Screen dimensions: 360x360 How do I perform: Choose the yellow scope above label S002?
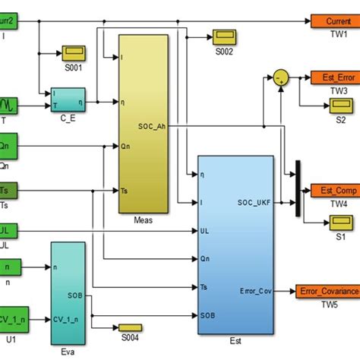tap(225, 36)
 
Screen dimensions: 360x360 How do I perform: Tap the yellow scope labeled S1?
tap(337, 222)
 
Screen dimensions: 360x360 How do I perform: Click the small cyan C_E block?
tap(69, 96)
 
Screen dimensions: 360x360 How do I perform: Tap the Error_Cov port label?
tap(254, 290)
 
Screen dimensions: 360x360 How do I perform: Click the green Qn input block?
tap(15, 142)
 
